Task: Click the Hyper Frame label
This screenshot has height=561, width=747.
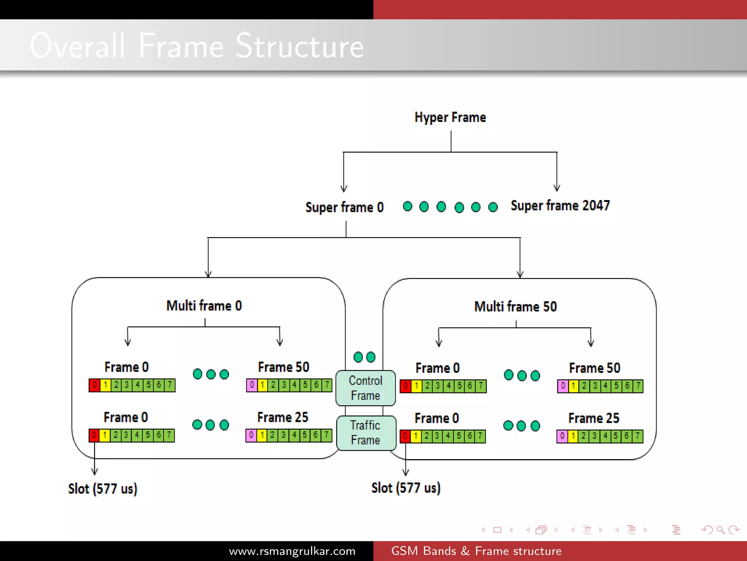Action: click(x=450, y=118)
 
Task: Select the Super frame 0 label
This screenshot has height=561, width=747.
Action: click(x=344, y=207)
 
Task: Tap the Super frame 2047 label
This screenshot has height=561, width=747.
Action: click(x=560, y=206)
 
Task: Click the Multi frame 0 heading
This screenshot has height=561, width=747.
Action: click(x=204, y=306)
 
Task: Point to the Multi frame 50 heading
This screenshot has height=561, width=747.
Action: click(x=515, y=306)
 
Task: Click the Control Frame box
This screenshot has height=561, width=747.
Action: click(x=365, y=388)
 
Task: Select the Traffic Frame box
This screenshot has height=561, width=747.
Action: click(x=366, y=433)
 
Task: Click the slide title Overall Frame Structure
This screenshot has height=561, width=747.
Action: click(x=197, y=46)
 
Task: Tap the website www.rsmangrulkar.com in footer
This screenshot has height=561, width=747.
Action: click(x=292, y=551)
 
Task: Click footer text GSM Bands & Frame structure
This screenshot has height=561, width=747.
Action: click(x=476, y=551)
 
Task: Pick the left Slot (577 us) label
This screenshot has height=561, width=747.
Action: click(x=102, y=489)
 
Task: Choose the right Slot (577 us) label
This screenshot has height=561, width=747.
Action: click(x=406, y=488)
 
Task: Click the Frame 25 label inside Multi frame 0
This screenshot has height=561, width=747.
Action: click(x=283, y=417)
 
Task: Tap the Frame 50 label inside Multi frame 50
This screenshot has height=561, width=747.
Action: click(x=595, y=368)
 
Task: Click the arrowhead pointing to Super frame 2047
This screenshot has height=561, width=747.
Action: click(x=557, y=188)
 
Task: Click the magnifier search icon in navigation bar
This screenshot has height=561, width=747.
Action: click(x=720, y=530)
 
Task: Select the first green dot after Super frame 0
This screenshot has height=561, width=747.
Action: click(x=407, y=206)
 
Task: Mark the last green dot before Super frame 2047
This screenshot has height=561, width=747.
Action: click(x=493, y=207)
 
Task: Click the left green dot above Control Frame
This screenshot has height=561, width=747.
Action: click(x=358, y=357)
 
